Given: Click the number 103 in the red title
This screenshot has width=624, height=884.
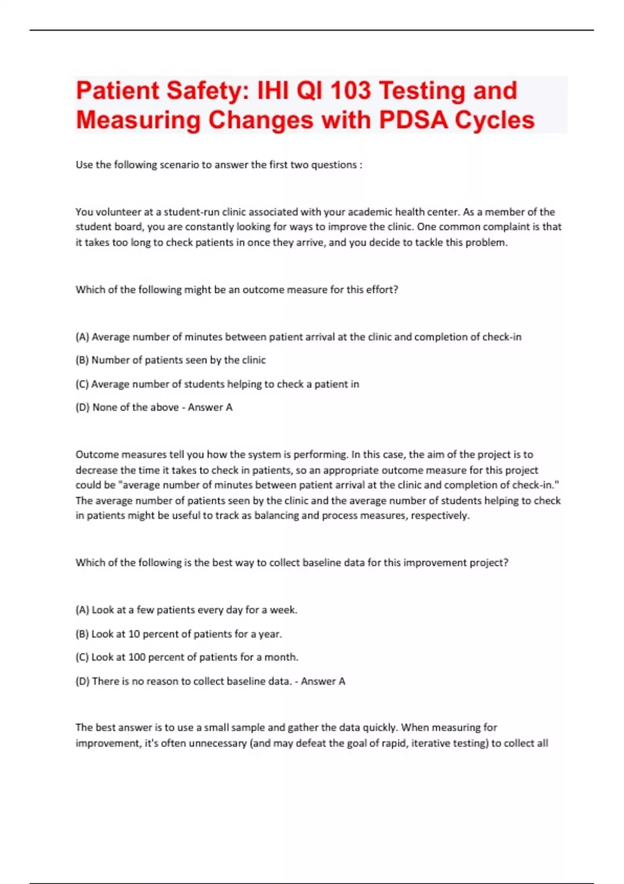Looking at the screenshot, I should point(350,90).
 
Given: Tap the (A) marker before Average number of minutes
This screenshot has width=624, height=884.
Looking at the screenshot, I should point(82,337).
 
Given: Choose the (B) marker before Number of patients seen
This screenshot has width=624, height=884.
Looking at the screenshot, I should point(82,360).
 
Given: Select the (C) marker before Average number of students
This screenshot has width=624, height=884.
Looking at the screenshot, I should point(82,384).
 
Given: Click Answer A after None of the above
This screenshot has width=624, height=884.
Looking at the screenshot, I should point(210,407).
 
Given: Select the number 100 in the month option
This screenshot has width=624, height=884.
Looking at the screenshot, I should point(137,657).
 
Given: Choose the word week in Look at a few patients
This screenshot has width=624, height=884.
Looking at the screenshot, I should point(282,610).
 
